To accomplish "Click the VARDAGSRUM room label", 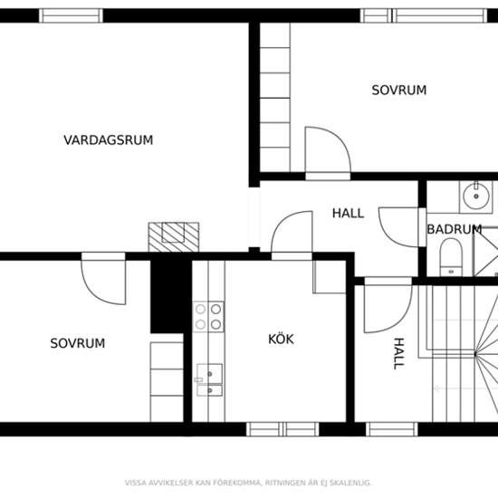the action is (x=109, y=140).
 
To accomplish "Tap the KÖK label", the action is (x=281, y=339).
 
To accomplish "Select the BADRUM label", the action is (x=455, y=229).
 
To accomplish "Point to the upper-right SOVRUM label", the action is (x=399, y=91).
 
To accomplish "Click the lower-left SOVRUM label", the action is (x=78, y=343).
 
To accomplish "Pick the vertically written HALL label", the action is (x=399, y=353).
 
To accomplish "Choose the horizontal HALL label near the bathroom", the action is (x=348, y=213).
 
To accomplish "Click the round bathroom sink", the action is (x=475, y=196).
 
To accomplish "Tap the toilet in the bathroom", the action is (x=451, y=257).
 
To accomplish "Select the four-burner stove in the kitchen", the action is (x=208, y=317).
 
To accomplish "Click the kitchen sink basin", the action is (x=210, y=380).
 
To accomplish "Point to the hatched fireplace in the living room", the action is (x=174, y=237).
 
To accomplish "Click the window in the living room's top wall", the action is (x=71, y=15).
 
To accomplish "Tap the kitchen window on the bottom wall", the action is (x=283, y=429).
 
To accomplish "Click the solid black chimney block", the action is (x=168, y=296).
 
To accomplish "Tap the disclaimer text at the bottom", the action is (x=248, y=483).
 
